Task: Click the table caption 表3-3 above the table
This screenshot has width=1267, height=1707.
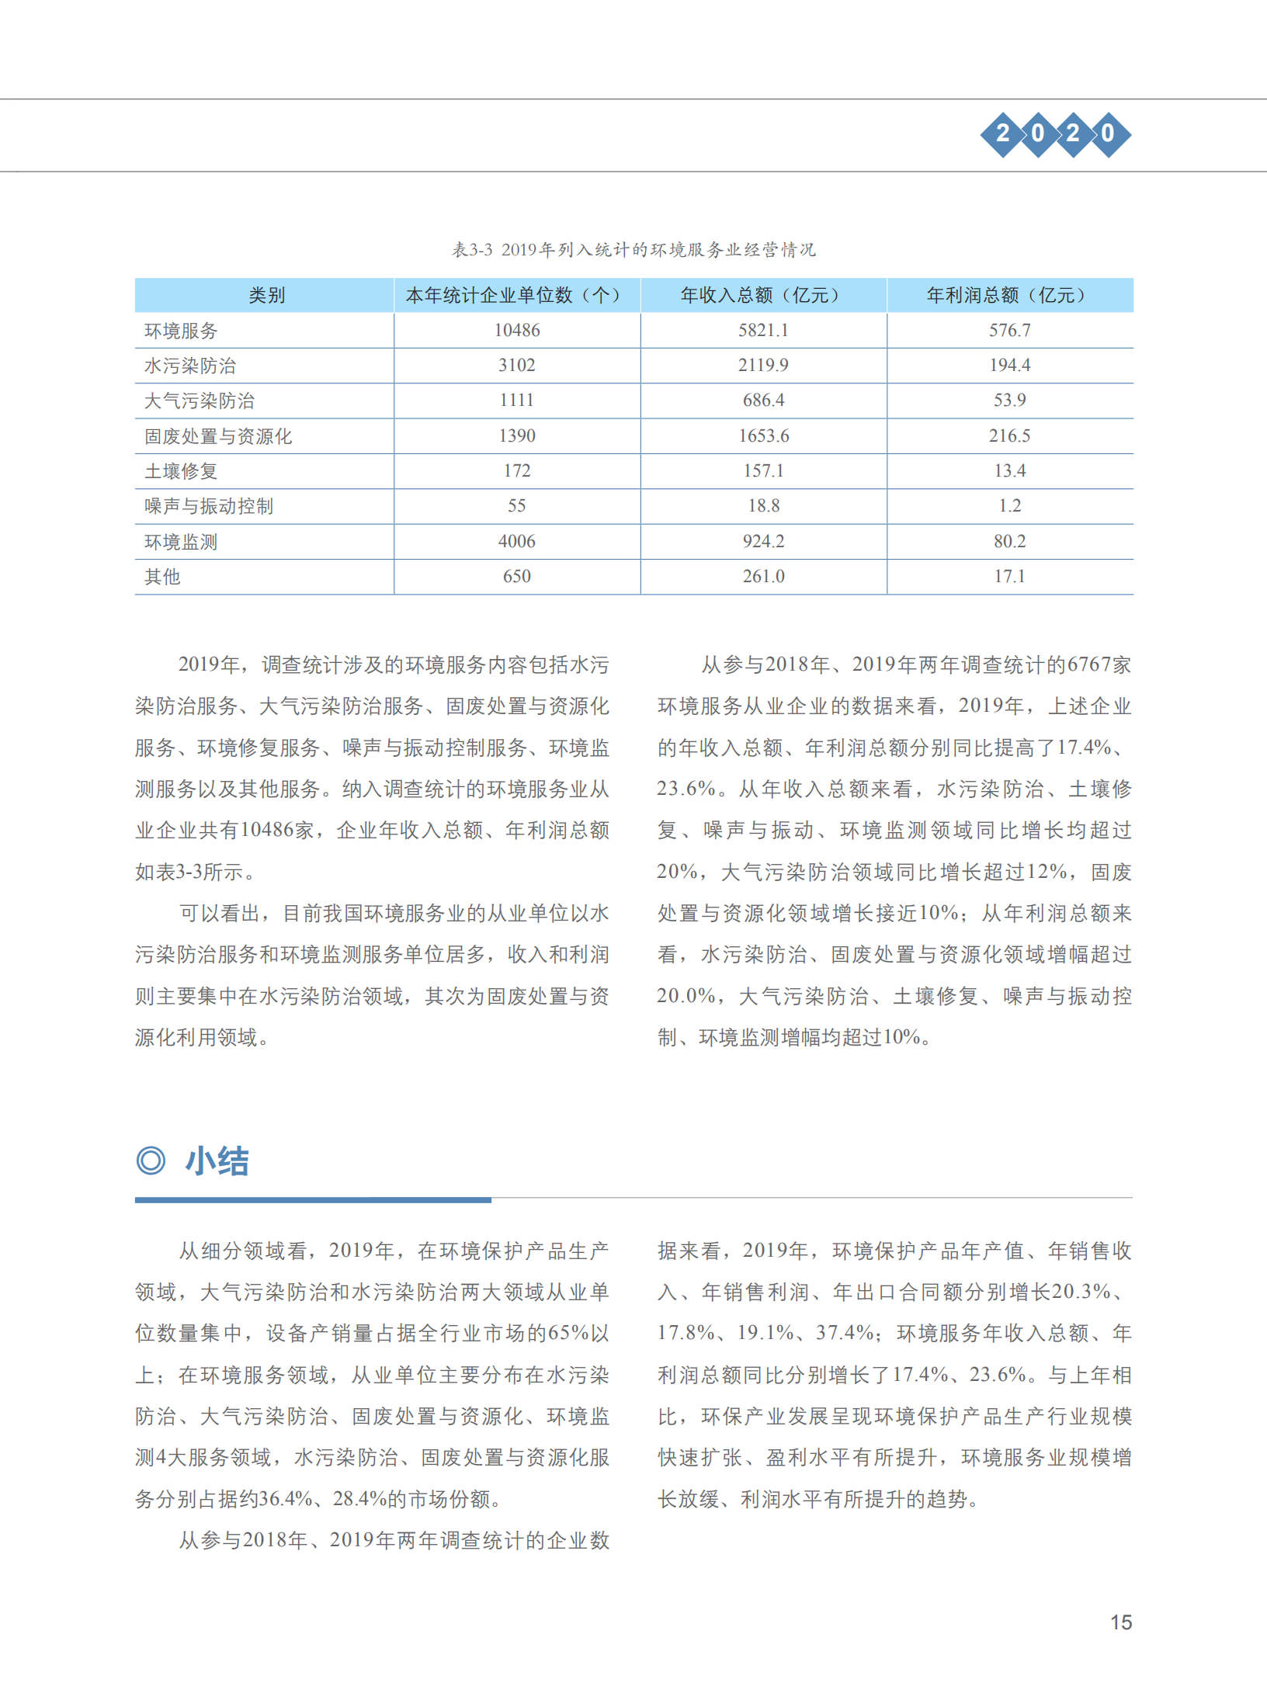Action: click(633, 250)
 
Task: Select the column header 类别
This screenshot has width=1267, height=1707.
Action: click(266, 295)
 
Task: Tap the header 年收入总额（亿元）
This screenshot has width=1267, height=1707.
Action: click(763, 295)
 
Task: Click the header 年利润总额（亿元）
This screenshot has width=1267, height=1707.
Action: click(1009, 295)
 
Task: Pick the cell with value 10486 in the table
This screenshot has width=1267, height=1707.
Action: click(517, 331)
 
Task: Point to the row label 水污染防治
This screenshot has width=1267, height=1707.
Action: click(190, 366)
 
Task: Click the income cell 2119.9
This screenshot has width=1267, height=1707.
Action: click(763, 366)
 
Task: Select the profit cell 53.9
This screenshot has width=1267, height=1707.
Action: click(1009, 401)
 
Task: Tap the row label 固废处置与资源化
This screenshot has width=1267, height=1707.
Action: click(218, 436)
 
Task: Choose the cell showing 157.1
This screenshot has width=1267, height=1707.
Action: click(763, 471)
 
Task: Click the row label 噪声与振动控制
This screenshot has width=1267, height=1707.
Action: click(209, 506)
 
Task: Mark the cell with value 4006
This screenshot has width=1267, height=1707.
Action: click(517, 542)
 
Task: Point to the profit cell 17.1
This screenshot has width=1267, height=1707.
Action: click(1009, 577)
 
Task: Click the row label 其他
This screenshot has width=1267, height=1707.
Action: click(162, 577)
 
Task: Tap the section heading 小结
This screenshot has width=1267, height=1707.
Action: click(217, 1161)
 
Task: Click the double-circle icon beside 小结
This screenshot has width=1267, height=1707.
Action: click(151, 1161)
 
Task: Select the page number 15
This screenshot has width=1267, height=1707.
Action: click(1121, 1622)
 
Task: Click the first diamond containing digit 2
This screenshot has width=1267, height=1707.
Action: click(1003, 134)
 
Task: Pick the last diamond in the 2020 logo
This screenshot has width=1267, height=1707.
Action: click(1108, 134)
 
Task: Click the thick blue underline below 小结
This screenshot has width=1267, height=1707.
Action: click(313, 1200)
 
